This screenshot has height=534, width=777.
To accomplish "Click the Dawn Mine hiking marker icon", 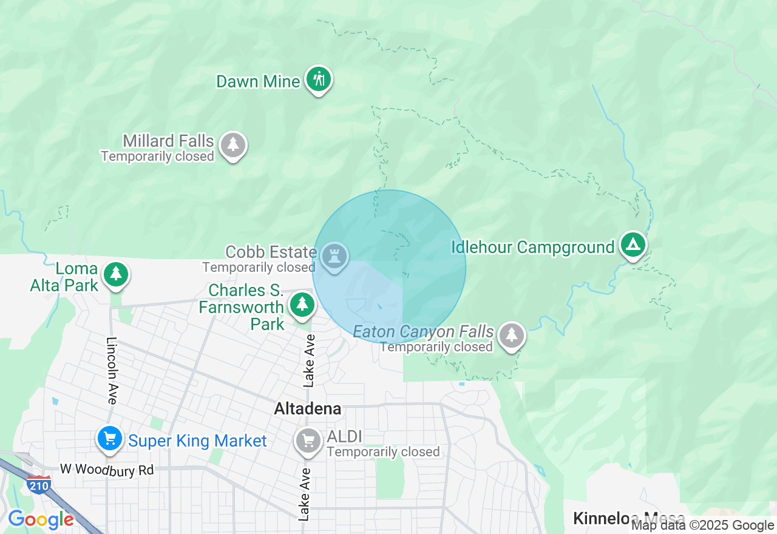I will click(x=318, y=79).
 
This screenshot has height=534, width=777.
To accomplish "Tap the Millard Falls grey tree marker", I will click(x=232, y=145).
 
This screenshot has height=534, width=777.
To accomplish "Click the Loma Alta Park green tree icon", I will click(x=115, y=274).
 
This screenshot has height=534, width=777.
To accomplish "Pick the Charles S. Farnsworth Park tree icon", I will click(x=302, y=305).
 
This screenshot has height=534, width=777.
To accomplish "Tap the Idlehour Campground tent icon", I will click(x=633, y=245).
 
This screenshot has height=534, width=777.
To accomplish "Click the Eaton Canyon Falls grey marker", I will click(x=512, y=335).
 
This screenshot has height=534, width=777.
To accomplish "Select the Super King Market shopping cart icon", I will click(x=109, y=438).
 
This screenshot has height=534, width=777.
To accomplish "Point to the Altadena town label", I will click(x=308, y=409).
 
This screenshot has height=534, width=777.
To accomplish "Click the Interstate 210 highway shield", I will click(x=38, y=484).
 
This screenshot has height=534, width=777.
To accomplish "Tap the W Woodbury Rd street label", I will click(x=107, y=470).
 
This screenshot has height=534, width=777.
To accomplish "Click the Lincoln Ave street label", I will click(x=112, y=371).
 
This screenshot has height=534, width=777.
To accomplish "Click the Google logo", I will click(x=41, y=520).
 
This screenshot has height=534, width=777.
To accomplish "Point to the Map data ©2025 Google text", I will click(x=702, y=526).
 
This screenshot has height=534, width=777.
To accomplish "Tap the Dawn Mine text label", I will click(x=259, y=82).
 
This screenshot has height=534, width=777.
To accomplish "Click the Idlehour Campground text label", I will click(x=533, y=248).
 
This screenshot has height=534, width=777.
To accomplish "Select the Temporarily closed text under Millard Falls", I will click(x=158, y=157).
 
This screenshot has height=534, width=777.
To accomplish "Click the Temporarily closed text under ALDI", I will click(x=383, y=452).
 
